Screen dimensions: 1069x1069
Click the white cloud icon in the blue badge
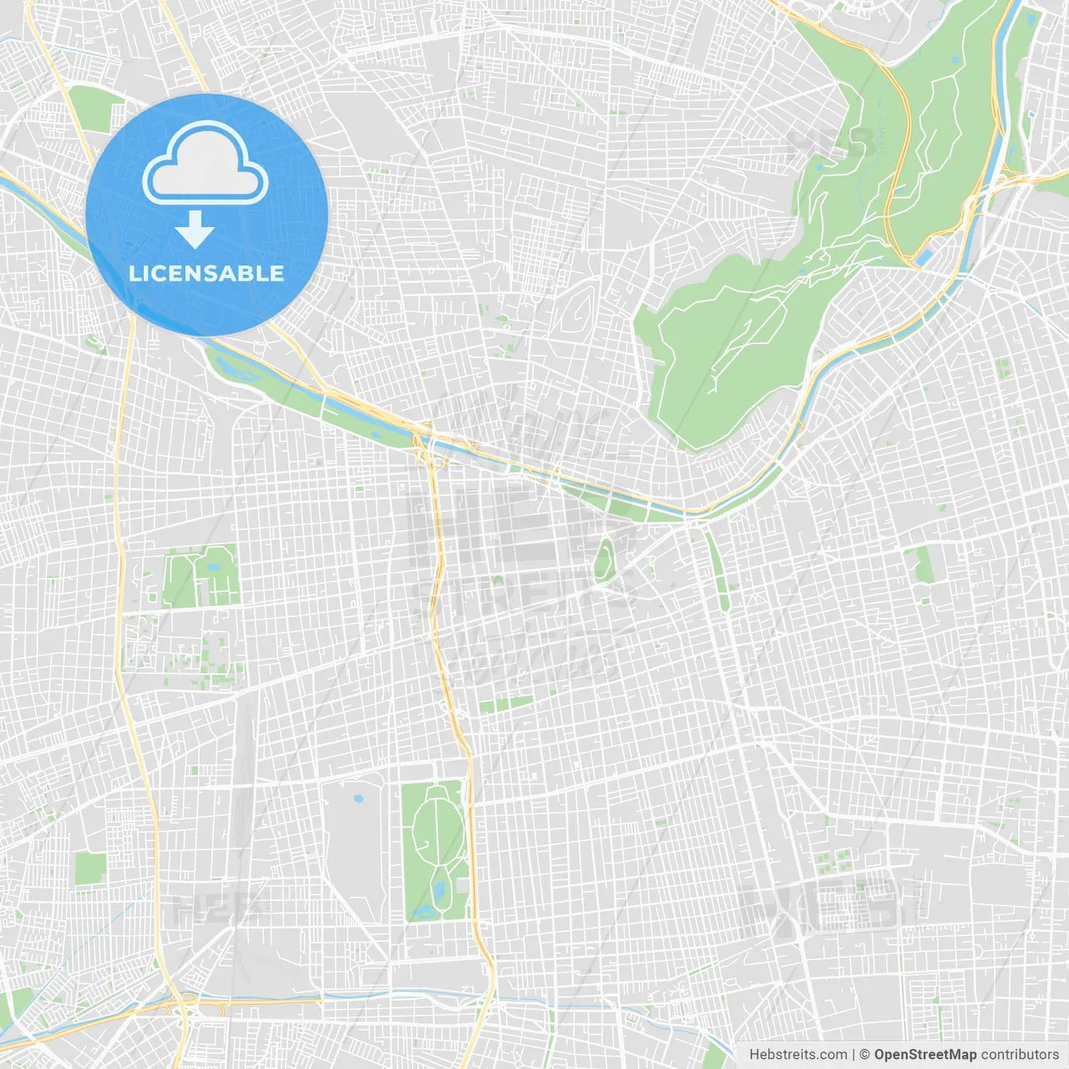coord(205,165)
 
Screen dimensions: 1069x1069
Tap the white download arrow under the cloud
coord(195,230)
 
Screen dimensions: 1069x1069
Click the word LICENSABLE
coord(206,273)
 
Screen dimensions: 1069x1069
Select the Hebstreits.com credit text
coord(798,1055)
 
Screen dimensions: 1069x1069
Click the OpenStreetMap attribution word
coord(925,1055)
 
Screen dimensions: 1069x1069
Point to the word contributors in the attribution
coord(1020,1055)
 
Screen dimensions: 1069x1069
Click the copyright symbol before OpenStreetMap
coord(864,1055)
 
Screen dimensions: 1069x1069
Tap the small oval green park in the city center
coord(603,559)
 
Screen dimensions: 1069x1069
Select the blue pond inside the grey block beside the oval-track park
coord(359,799)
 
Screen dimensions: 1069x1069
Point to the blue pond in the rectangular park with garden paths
coord(215,567)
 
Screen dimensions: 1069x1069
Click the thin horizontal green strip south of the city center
coord(505,706)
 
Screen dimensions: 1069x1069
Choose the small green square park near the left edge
coord(90,869)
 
